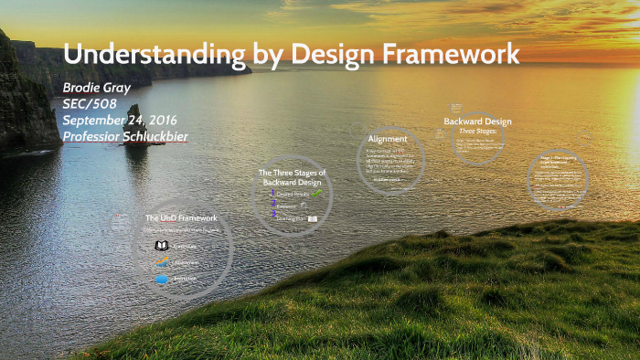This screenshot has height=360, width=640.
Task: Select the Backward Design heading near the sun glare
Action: pos(477,122)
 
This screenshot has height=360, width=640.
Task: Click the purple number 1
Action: pos(273,193)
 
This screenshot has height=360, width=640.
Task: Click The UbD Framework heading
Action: pos(181,218)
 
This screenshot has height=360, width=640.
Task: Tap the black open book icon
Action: pos(161,246)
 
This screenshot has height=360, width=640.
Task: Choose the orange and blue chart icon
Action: pos(161,263)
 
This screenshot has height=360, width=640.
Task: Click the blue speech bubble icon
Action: pos(161,279)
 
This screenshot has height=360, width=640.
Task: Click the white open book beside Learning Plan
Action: pos(313,219)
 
